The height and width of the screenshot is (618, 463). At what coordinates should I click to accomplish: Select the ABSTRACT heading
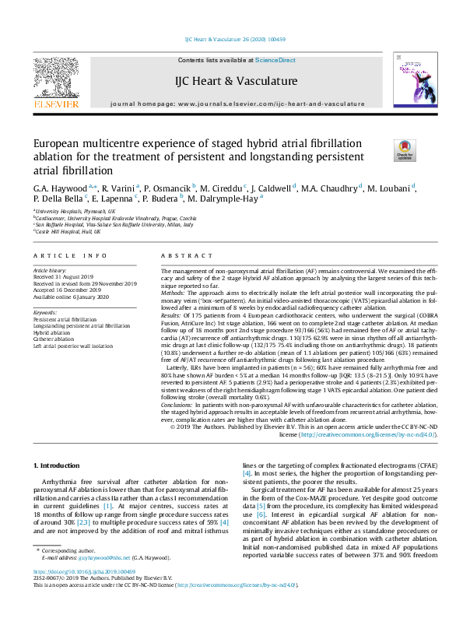tap(185, 256)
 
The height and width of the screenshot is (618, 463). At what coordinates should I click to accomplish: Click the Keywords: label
tap(46, 312)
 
